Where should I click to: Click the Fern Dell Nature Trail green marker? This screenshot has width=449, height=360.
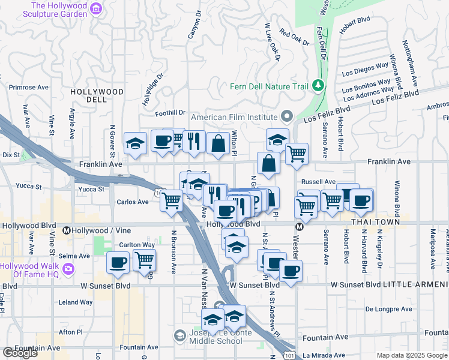click(x=318, y=86)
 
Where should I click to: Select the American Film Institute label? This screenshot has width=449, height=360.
click(x=225, y=117)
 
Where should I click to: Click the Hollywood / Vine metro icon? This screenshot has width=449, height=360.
click(x=67, y=230)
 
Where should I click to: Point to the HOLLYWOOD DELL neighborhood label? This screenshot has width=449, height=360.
click(x=97, y=96)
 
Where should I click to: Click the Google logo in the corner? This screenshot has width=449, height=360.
click(x=20, y=353)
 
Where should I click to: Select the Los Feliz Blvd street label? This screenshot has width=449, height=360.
click(x=327, y=114)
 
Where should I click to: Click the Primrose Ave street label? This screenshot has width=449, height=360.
click(x=28, y=87)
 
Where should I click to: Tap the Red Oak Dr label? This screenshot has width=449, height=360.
click(x=294, y=38)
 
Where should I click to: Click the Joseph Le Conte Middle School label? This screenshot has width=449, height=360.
click(x=208, y=336)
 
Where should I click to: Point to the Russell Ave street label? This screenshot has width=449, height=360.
click(x=318, y=181)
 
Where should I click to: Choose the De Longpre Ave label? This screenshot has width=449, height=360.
click(x=389, y=309)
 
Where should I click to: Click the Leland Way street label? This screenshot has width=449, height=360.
click(x=76, y=302)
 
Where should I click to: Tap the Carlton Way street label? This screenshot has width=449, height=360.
click(x=137, y=245)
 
